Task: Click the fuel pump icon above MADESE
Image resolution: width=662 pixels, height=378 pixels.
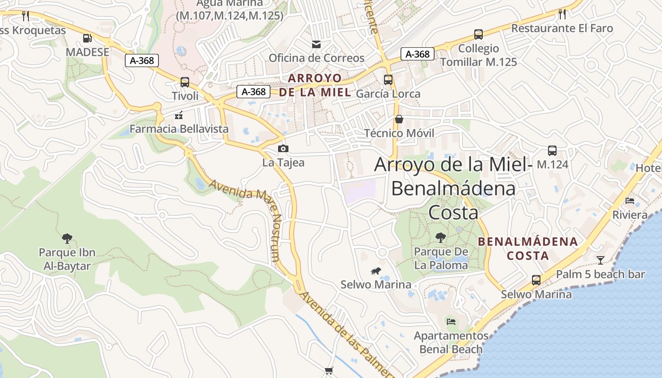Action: [x=87, y=38]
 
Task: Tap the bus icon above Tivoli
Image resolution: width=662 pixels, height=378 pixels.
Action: [x=184, y=82]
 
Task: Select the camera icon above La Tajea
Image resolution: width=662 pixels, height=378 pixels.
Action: [x=283, y=149]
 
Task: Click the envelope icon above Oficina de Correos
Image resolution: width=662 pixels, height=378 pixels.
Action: [x=316, y=44]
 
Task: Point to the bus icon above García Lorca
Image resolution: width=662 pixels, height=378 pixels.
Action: [x=388, y=80]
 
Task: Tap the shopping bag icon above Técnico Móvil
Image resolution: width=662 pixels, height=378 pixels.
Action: [x=399, y=119]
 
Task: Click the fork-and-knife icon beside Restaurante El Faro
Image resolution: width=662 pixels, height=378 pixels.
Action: [x=562, y=14]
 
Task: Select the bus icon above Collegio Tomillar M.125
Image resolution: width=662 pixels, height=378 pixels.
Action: [x=478, y=34]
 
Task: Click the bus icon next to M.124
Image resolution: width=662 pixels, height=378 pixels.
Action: [x=552, y=151]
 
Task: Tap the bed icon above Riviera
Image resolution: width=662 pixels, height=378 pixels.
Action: [x=629, y=201]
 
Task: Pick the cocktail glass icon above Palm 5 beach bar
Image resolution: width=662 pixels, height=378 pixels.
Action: [x=600, y=260]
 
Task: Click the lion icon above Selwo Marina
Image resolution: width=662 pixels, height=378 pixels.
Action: [x=376, y=271]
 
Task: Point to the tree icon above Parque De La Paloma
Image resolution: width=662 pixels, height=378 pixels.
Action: [x=440, y=238]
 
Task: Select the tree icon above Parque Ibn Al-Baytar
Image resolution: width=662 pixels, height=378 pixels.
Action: [x=67, y=238]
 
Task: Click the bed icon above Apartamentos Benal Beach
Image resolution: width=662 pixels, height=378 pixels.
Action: [x=451, y=322]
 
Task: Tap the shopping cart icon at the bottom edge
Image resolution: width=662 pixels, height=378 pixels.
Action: [x=329, y=371]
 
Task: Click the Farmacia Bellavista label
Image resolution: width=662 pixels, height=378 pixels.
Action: [x=179, y=129]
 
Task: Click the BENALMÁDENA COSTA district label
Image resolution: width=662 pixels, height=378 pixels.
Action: [x=528, y=249]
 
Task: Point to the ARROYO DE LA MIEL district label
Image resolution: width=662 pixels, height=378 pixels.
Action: [x=315, y=85]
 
